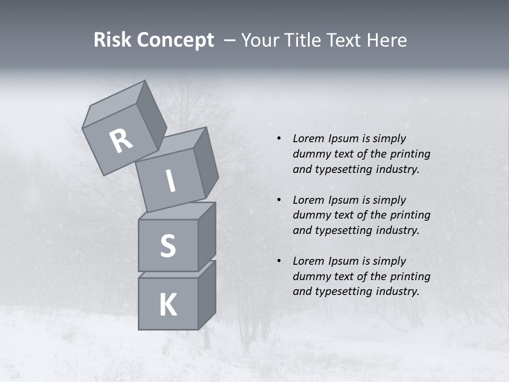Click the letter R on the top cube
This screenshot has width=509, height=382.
[121, 141]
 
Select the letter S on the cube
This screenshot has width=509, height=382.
[168, 246]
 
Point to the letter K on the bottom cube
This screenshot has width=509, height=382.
[168, 305]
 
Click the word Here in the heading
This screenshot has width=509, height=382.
[387, 40]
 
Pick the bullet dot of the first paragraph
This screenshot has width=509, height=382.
[278, 139]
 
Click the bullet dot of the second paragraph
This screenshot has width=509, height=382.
[278, 200]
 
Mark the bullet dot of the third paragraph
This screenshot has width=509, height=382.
[278, 261]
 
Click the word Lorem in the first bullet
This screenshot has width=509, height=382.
[308, 138]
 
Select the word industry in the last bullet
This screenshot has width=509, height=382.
[398, 291]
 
